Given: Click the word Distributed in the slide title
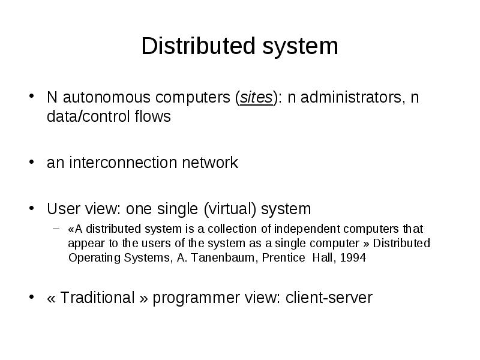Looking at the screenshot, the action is click(199, 46).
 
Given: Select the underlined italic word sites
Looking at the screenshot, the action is click(256, 98).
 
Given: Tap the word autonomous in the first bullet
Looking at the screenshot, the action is click(107, 98).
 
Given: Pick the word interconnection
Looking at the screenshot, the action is click(123, 162).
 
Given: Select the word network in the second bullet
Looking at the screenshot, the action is click(210, 162).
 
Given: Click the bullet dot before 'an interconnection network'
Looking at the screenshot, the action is click(32, 162).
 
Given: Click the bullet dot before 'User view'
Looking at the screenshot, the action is click(32, 208).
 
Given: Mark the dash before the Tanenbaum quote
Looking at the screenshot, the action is click(56, 229).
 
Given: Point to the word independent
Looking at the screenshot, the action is click(307, 229).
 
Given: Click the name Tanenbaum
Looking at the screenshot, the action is click(223, 258).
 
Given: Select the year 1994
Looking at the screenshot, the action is click(353, 258).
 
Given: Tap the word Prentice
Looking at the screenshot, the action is click(283, 258).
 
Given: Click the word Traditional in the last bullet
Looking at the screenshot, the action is click(97, 298).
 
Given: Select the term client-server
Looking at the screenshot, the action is click(329, 298).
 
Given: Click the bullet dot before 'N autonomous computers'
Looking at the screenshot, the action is click(32, 97).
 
